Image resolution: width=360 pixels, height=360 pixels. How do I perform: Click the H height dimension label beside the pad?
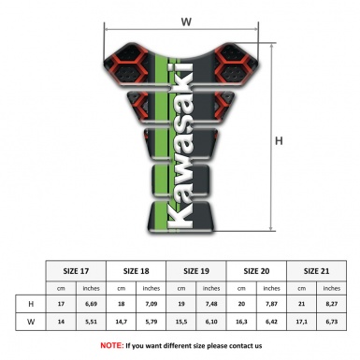pos(278,141)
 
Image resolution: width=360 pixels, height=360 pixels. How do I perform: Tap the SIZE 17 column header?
pos(77,270)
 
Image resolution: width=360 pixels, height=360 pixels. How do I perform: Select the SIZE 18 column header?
pos(137,270)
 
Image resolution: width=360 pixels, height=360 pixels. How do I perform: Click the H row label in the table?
pos(32,304)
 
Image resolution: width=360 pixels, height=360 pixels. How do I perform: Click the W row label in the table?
pos(32,323)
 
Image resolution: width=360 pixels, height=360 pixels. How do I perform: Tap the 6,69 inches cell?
pos(92,304)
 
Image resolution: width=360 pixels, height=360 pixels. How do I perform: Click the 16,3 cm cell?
pos(243,323)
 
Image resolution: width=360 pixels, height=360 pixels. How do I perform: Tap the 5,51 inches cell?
pos(92,323)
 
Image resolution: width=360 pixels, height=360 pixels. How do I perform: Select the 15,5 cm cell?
pos(182,323)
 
